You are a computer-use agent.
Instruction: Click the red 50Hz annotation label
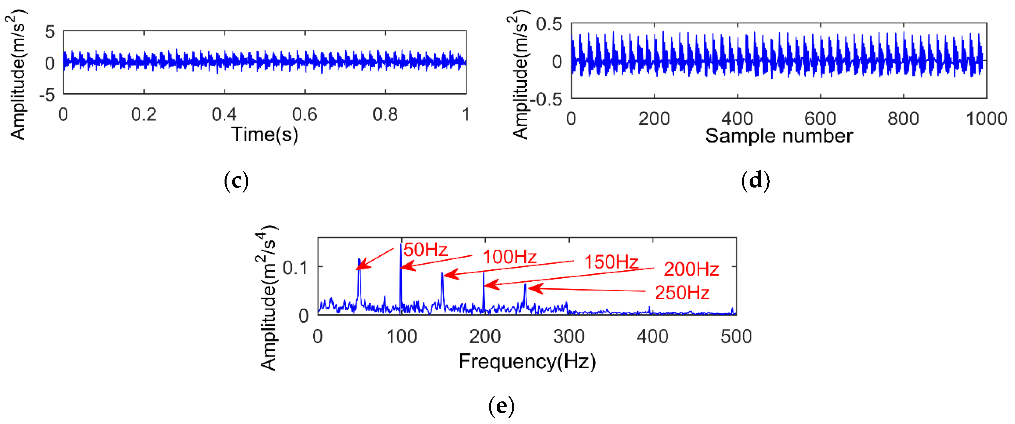[426, 250]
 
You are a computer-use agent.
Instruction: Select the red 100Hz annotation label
[509, 257]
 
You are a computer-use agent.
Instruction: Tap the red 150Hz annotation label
[611, 262]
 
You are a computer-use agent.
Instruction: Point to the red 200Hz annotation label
[691, 269]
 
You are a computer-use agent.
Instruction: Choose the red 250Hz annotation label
[682, 293]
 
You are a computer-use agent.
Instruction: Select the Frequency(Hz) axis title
[527, 361]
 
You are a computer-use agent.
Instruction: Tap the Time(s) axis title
[264, 134]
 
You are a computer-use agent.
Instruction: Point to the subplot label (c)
[236, 181]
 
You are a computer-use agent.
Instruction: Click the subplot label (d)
[755, 181]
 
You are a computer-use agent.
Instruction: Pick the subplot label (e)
[501, 406]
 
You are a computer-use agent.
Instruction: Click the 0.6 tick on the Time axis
[305, 115]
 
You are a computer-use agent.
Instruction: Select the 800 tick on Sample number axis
[903, 118]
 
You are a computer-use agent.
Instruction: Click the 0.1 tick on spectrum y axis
[295, 268]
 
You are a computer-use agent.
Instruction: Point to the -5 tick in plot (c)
[47, 95]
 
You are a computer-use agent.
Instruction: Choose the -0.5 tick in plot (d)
[546, 100]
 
